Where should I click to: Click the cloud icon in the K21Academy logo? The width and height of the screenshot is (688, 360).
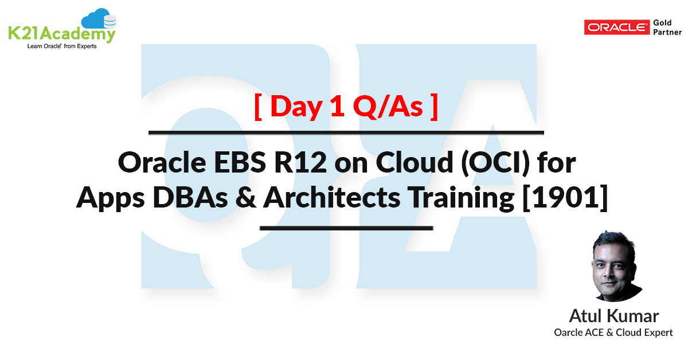(99, 21)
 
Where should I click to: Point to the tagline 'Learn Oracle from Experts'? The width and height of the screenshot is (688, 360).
(62, 46)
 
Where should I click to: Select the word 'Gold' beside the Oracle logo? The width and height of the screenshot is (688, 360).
(662, 22)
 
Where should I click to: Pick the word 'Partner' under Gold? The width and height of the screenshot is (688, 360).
(667, 32)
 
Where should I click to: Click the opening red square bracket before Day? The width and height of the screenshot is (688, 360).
(259, 107)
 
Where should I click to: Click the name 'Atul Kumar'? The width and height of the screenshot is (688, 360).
(613, 316)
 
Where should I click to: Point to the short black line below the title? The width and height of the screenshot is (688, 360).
(346, 228)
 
